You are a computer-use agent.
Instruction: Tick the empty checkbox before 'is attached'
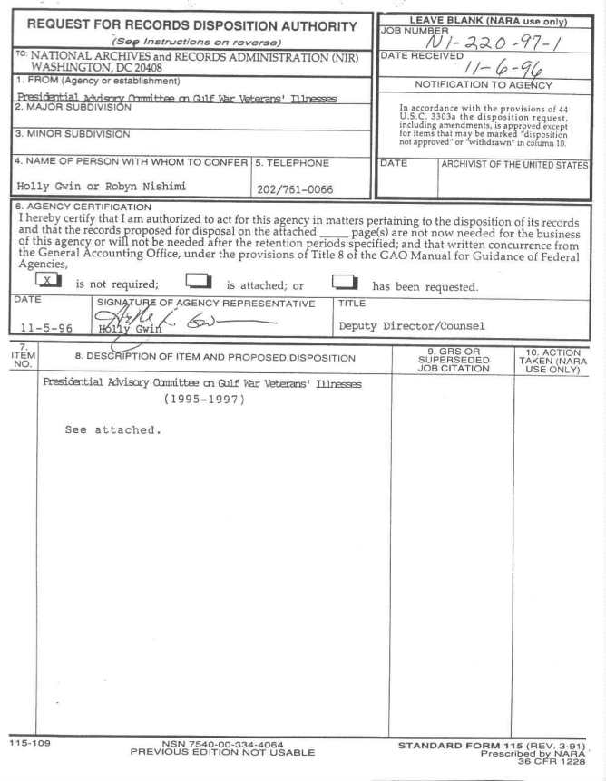pos(198,282)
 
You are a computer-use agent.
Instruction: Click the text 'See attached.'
pos(112,429)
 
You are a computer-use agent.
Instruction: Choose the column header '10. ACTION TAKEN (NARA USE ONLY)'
pos(552,359)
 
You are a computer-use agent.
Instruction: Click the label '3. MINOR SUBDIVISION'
pos(64,134)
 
